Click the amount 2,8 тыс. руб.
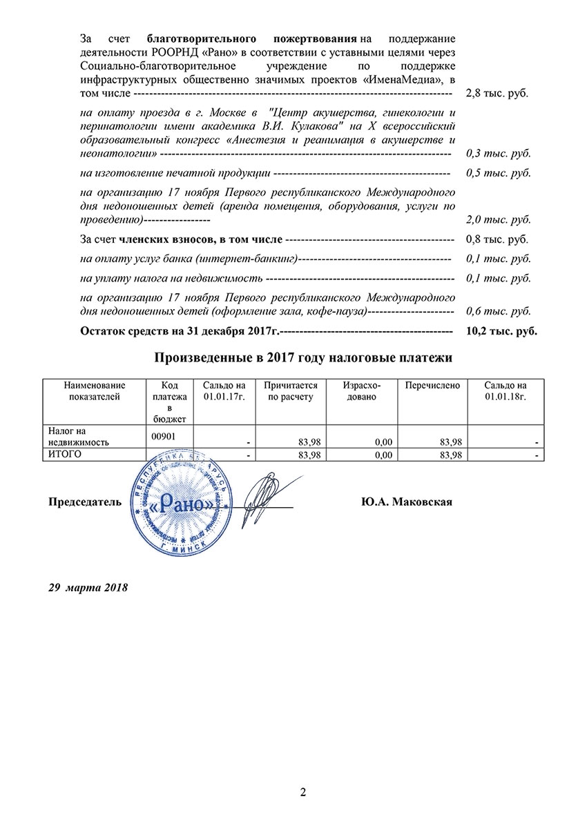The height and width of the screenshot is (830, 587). coord(497,92)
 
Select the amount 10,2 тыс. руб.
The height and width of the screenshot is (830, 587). coord(501,331)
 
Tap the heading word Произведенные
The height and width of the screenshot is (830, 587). coord(201,358)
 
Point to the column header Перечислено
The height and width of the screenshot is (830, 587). coord(432,386)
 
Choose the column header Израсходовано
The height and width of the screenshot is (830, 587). coord(361,391)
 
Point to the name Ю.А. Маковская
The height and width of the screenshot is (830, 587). coord(406,502)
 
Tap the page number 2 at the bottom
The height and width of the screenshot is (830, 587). coord(302,791)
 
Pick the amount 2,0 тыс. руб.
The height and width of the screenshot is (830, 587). coord(499,220)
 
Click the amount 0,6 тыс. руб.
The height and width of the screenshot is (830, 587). coord(499,312)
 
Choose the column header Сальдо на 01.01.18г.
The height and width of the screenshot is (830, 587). coord(505,391)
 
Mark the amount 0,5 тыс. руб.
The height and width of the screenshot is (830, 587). coord(499,172)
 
